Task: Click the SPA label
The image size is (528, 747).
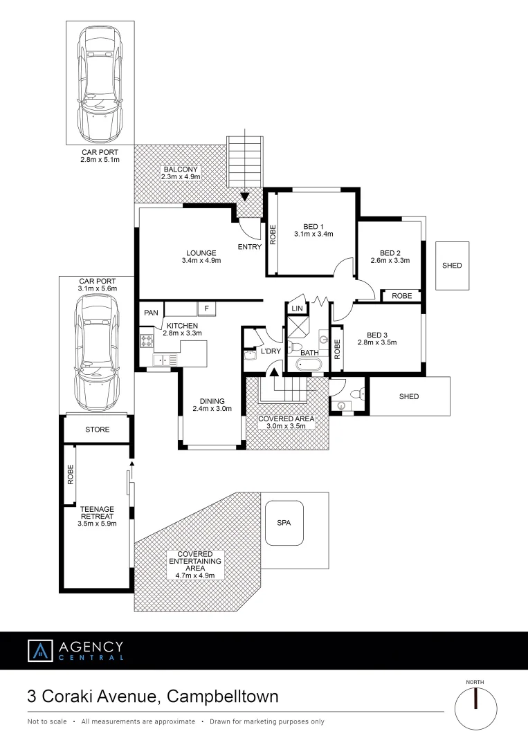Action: [284, 523]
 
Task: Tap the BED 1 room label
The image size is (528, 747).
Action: [313, 227]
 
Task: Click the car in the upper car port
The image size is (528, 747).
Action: [100, 82]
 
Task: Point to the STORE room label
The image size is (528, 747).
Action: [97, 430]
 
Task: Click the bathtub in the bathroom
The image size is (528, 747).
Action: [308, 365]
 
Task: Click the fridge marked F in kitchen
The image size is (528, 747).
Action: [206, 308]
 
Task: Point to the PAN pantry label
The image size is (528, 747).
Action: [151, 313]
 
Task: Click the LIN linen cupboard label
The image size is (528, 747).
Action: [298, 308]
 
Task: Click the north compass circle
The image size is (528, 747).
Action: [475, 708]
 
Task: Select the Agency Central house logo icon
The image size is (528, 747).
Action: [40, 651]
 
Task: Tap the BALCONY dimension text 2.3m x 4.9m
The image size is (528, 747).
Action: [181, 177]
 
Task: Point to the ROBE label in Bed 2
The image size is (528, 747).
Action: [401, 296]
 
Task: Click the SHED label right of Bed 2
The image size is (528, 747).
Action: [452, 266]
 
